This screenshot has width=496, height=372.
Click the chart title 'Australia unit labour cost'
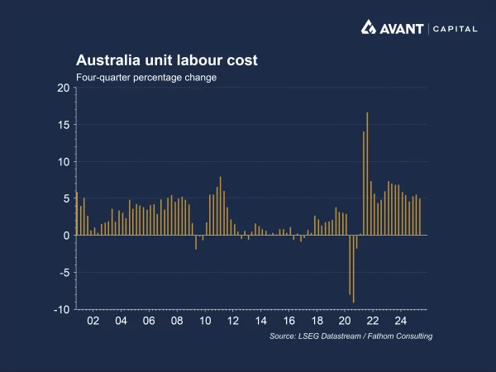coord(167,60)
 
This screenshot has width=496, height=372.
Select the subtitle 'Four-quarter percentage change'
coord(146,77)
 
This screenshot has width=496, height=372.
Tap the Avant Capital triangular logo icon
coord(370,28)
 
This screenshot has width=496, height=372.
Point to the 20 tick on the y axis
coord(64,88)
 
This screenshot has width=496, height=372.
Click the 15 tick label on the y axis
coord(64,125)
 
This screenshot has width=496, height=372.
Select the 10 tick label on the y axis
coord(64,162)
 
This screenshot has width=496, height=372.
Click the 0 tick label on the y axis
coord(66,236)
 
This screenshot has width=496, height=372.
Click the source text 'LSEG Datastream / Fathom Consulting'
coord(351,336)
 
